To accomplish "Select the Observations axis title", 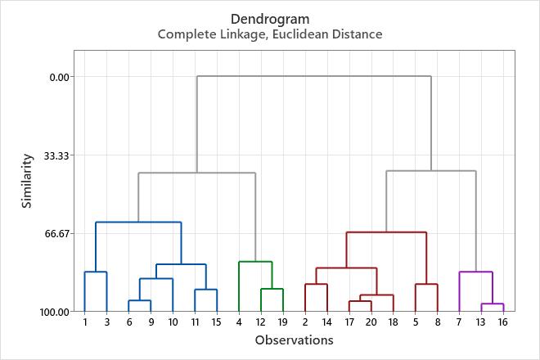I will [x=294, y=340].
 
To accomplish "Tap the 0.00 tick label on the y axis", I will [x=61, y=77].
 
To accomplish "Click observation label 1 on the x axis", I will [x=85, y=322].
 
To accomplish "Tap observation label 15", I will [x=216, y=322].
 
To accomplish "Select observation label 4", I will [x=238, y=322].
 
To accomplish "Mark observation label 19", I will [x=282, y=322].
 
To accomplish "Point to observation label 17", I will [x=349, y=322].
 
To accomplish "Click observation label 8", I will [x=438, y=322].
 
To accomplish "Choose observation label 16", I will [x=503, y=322].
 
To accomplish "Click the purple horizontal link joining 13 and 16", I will [x=492, y=304].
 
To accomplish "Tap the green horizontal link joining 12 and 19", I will [x=272, y=289].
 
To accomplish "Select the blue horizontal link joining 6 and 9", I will [x=139, y=300].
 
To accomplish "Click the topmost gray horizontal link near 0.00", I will [x=313, y=76].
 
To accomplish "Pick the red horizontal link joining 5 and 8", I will [x=426, y=284].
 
